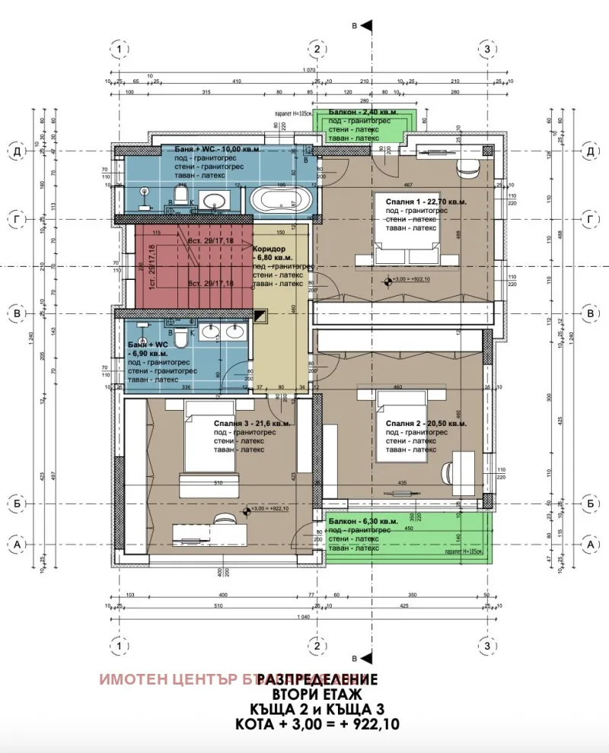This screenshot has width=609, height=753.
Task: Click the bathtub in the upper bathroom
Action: point(279,202)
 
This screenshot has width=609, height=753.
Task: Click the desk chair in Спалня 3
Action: point(223,519)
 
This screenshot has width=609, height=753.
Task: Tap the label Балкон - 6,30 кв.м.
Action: point(362,521)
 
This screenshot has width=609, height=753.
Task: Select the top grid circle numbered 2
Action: point(317,49)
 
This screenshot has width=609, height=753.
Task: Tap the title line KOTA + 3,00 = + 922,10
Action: point(317,723)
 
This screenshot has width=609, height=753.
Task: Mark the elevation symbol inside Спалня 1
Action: point(389,281)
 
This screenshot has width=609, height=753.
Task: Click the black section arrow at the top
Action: point(365,26)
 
